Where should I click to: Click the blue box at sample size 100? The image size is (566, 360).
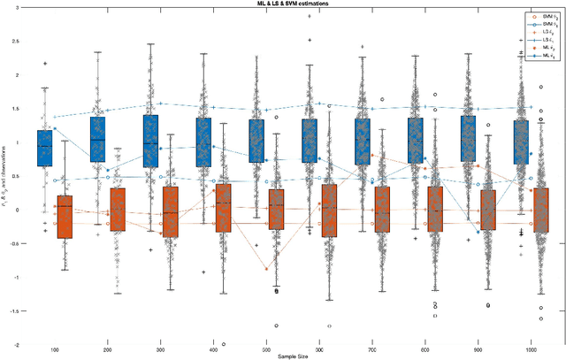click(45, 148)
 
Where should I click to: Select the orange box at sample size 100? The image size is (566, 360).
click(65, 217)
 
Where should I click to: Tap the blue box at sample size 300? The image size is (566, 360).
click(150, 141)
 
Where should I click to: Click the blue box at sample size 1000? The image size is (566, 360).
click(521, 142)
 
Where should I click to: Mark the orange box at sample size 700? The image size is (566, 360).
click(382, 209)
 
